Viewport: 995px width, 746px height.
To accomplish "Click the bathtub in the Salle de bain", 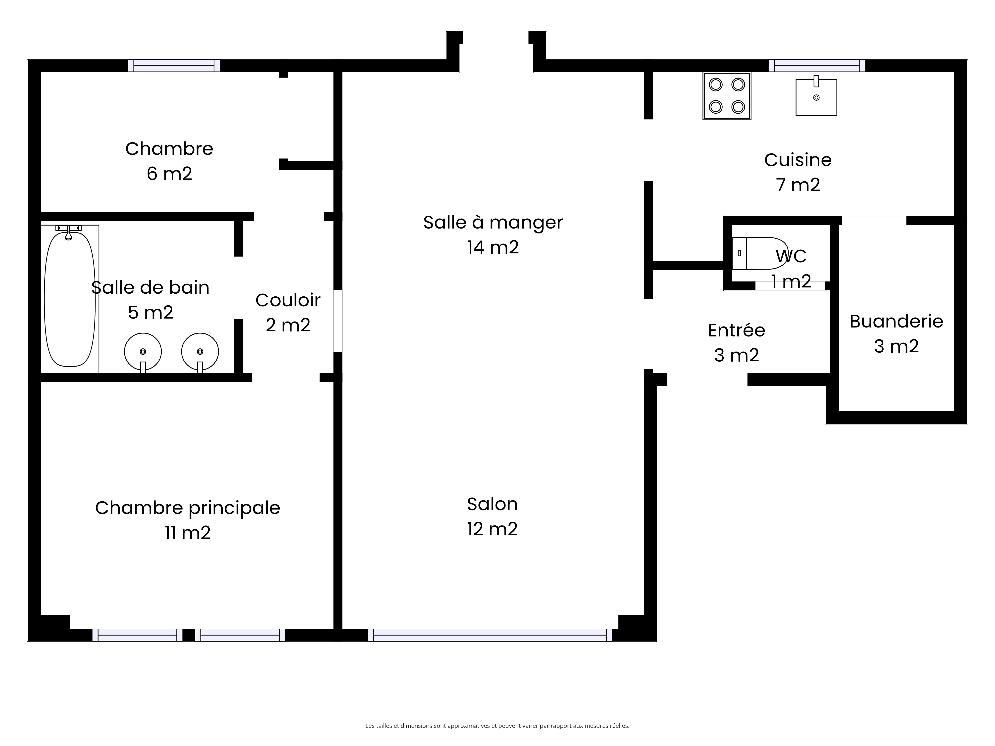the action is point(70,299).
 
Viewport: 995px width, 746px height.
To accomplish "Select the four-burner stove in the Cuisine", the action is point(727,96).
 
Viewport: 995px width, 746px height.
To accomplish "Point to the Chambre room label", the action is point(169,149).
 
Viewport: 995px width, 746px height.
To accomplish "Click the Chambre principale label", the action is point(188,508).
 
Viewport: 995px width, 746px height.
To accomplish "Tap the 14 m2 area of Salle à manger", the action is point(493,247).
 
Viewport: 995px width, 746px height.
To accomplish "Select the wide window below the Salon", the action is point(490,635).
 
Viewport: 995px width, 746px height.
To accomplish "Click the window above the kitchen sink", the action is point(817,66).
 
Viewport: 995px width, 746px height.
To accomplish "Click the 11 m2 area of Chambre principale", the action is point(188,533).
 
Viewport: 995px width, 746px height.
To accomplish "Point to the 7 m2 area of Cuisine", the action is point(798,185).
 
